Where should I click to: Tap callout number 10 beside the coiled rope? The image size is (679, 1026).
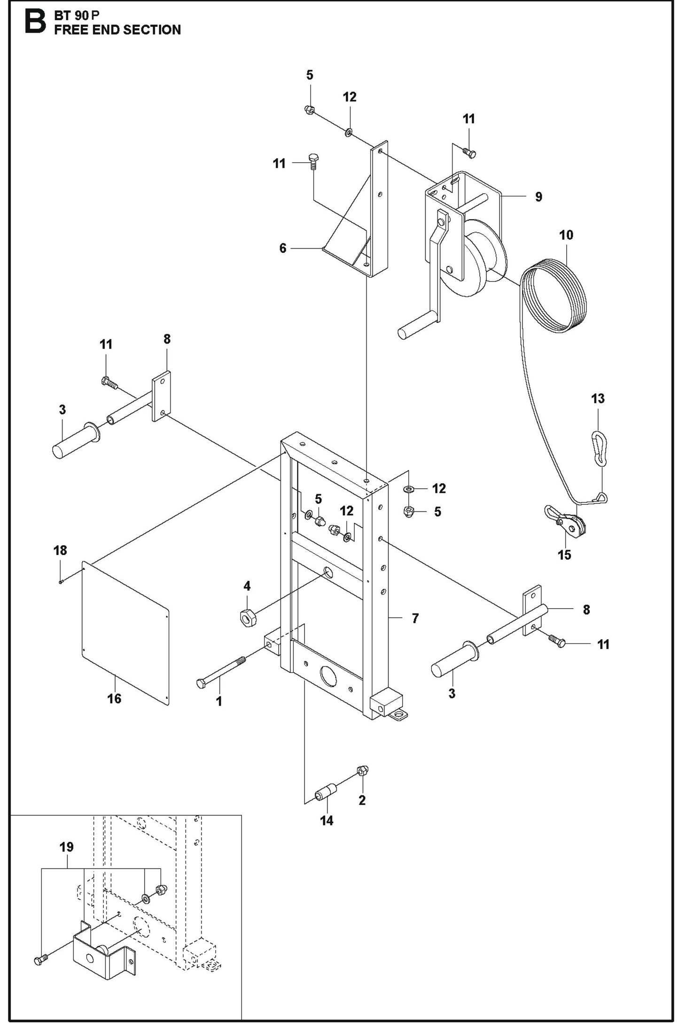[x=566, y=235]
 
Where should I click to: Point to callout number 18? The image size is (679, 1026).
[x=60, y=550]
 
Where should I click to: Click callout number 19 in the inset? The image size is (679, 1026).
[x=67, y=847]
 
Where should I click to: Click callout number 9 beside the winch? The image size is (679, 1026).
[x=539, y=196]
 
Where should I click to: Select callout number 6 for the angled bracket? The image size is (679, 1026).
[x=282, y=248]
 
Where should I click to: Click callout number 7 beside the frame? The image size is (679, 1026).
[x=415, y=619]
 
